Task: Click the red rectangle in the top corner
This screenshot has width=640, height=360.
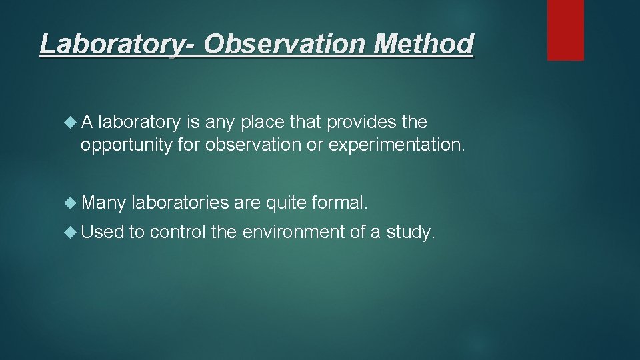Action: pos(565,30)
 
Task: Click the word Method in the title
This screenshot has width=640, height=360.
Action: pos(424,45)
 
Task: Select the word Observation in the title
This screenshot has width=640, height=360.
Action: pos(286,45)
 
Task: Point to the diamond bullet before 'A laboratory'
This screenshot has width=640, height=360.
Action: pos(71,123)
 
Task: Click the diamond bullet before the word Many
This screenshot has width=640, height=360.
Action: pos(71,201)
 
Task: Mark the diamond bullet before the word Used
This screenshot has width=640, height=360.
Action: pos(71,233)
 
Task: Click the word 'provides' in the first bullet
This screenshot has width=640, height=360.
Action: pos(357,123)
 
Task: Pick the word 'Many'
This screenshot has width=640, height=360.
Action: pos(104,201)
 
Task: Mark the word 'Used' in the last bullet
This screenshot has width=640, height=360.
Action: pos(103,233)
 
